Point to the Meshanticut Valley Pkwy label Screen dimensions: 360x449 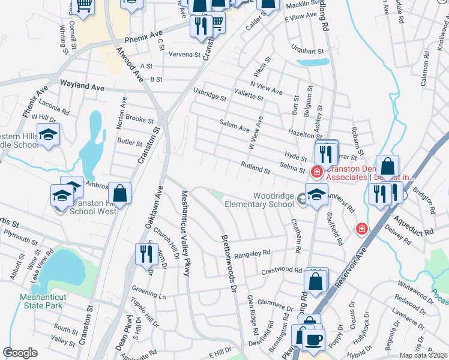click(x=185, y=233)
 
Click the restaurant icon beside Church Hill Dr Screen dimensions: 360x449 click(x=146, y=253)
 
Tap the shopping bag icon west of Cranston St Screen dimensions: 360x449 click(x=120, y=193)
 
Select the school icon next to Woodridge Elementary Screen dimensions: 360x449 click(x=316, y=194)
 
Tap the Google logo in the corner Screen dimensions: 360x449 click(x=20, y=353)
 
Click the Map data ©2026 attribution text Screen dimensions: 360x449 click(x=423, y=355)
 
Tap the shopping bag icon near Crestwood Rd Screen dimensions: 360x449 click(x=315, y=280)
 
